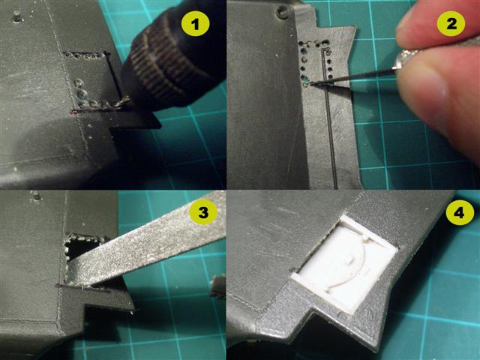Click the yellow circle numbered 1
(195, 24)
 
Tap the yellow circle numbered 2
(451, 24)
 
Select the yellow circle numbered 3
(203, 212)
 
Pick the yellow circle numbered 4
(460, 212)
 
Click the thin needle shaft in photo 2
(352, 76)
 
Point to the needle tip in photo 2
(310, 82)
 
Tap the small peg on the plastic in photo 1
(18, 16)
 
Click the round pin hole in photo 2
(281, 12)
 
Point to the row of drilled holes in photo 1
(83, 55)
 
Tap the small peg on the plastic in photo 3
(37, 196)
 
